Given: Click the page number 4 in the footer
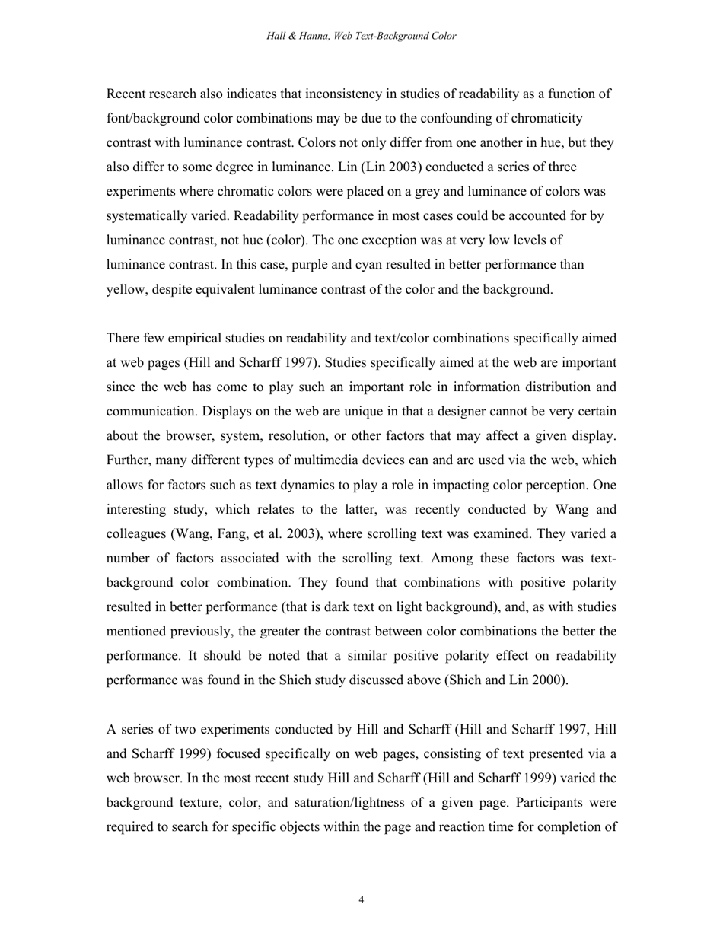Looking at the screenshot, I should coord(361,900).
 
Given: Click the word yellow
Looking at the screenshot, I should coord(126,289).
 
